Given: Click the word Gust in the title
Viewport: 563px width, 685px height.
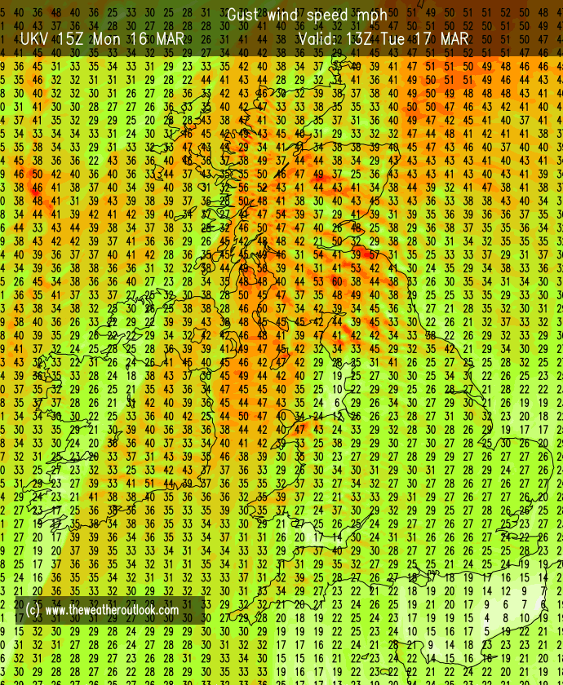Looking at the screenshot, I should tap(244, 15).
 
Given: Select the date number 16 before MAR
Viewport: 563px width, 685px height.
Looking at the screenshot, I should tap(139, 38).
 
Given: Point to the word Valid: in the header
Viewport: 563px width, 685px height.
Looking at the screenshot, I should tap(321, 38).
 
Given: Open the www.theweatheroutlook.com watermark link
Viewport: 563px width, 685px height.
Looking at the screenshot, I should tap(112, 610).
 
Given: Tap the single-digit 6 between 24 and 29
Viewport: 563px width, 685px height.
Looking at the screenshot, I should tap(336, 402).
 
